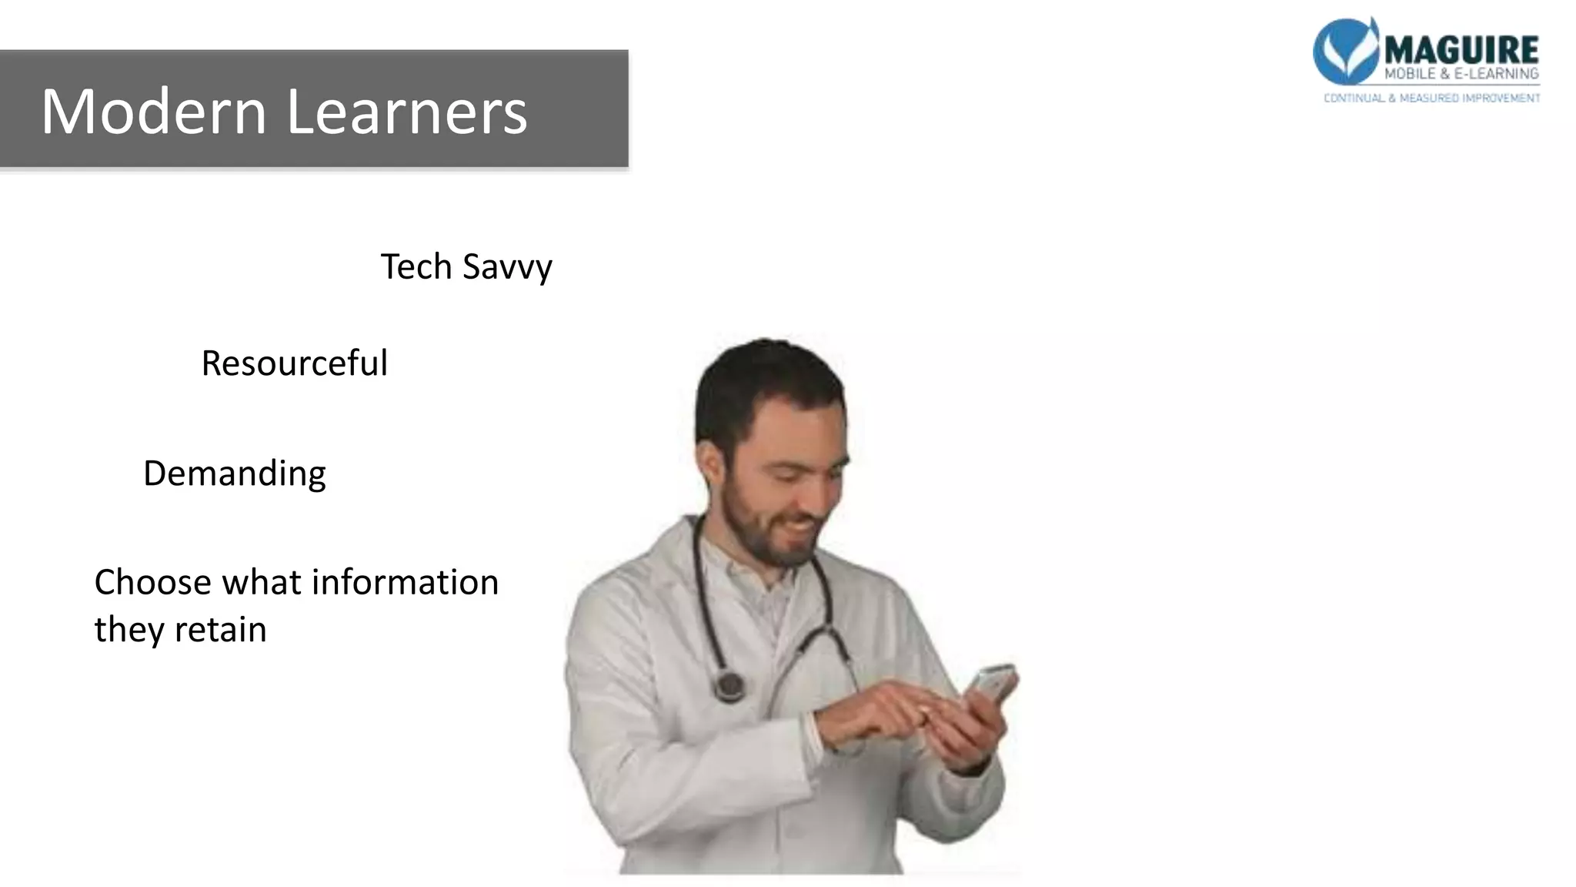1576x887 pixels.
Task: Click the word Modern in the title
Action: tap(153, 112)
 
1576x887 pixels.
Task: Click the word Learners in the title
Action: tap(407, 112)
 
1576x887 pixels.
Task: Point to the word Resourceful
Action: tap(294, 363)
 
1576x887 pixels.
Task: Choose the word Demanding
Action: tap(234, 474)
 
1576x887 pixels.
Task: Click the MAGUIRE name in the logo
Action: tap(1461, 50)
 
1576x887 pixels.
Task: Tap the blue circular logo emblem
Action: tap(1345, 51)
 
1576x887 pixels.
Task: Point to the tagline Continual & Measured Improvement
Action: tap(1431, 99)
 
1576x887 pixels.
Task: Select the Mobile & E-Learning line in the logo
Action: tap(1461, 74)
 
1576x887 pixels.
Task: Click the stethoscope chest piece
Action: tap(729, 684)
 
